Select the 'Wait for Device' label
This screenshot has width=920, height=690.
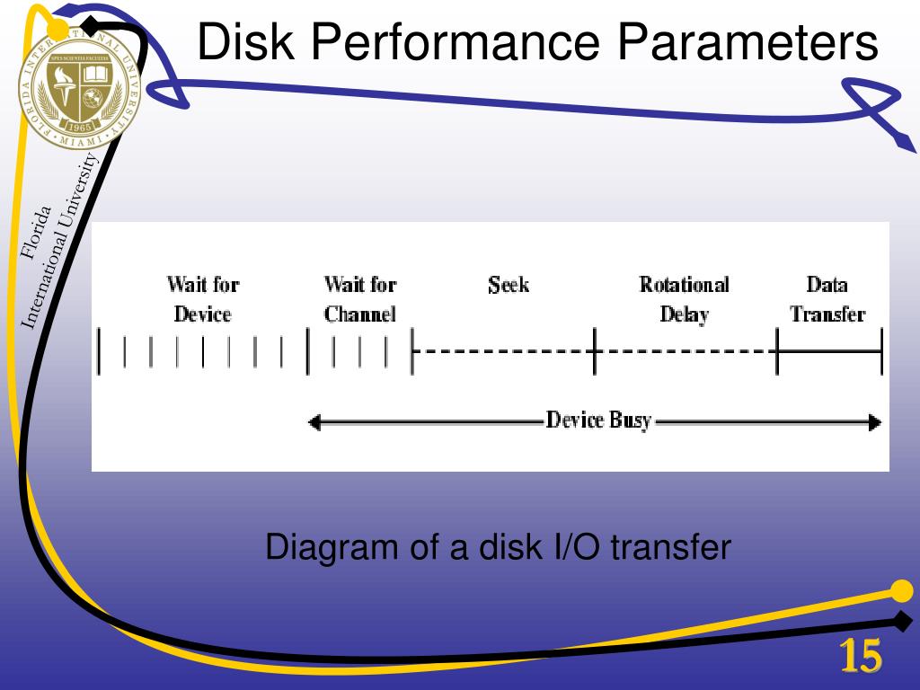(x=202, y=299)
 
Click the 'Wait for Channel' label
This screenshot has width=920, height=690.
(x=359, y=299)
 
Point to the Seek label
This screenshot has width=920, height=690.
(x=509, y=286)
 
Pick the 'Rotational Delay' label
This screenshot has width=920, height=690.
(x=684, y=299)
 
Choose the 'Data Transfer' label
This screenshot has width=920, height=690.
(x=827, y=299)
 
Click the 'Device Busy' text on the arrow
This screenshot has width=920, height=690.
(x=598, y=420)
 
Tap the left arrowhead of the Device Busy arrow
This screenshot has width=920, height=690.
(x=314, y=422)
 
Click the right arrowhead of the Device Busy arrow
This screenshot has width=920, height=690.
(x=875, y=422)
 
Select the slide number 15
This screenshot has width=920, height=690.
(x=860, y=658)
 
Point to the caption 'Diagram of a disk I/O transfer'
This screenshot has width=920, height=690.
(x=499, y=547)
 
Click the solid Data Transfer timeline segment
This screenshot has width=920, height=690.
(x=829, y=351)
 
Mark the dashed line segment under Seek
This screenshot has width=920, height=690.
(x=503, y=351)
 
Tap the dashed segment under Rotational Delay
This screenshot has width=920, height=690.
(x=685, y=351)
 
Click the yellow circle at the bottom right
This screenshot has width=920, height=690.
(x=900, y=590)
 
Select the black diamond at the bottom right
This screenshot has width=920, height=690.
(x=902, y=619)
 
